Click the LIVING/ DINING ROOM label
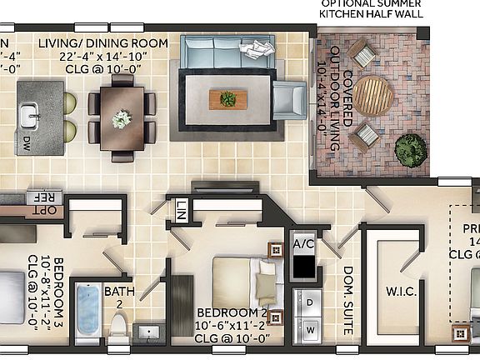103,42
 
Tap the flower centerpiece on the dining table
122,119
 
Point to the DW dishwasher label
28,142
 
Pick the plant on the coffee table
227,100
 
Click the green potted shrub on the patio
409,150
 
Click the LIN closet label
180,210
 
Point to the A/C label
302,244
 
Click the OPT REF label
43,204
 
